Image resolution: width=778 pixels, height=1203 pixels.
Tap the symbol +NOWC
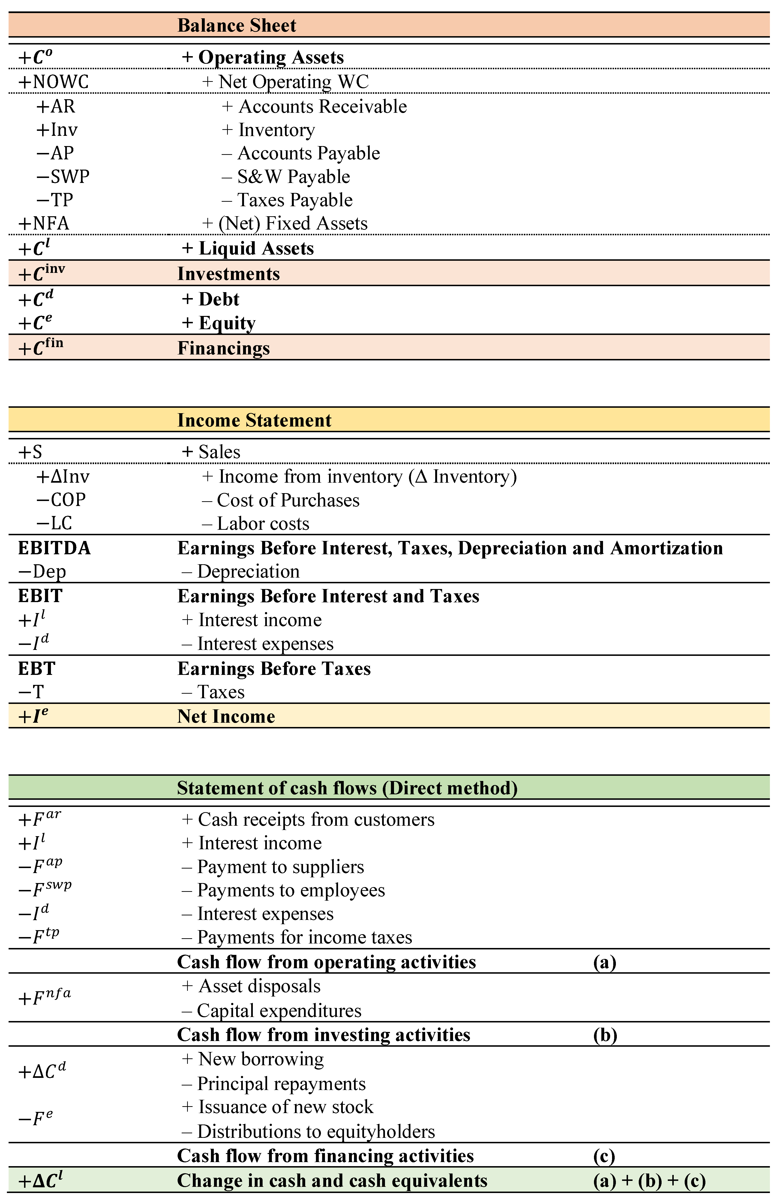point(54,82)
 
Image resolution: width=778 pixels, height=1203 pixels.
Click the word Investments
point(228,274)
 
